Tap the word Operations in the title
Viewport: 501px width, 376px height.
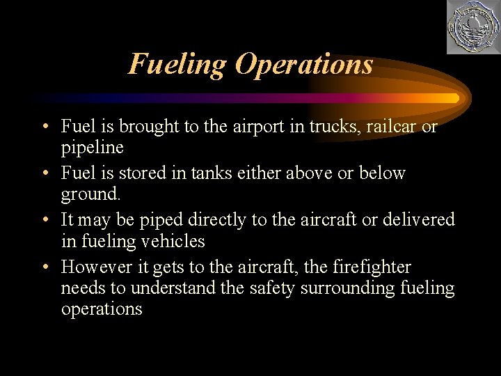tap(303, 64)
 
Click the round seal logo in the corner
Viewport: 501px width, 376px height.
tap(472, 27)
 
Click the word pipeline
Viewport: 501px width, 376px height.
tap(92, 148)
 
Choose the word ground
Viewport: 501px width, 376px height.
tap(89, 194)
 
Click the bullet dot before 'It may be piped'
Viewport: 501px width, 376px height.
tap(45, 220)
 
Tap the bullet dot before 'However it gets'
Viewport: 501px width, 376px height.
tap(45, 267)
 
